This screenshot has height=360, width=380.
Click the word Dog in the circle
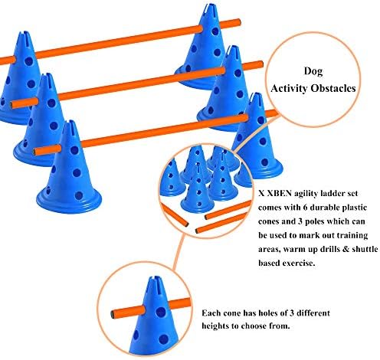tap(313, 71)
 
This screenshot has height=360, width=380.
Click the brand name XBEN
tap(279, 194)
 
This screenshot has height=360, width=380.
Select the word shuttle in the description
tap(365, 249)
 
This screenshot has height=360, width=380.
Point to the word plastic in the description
tap(353, 208)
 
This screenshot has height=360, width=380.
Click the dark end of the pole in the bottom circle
tap(113, 315)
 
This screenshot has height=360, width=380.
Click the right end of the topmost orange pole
tap(239, 22)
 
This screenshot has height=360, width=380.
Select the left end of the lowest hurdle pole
tap(35, 152)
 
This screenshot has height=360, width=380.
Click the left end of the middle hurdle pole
tap(12, 104)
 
